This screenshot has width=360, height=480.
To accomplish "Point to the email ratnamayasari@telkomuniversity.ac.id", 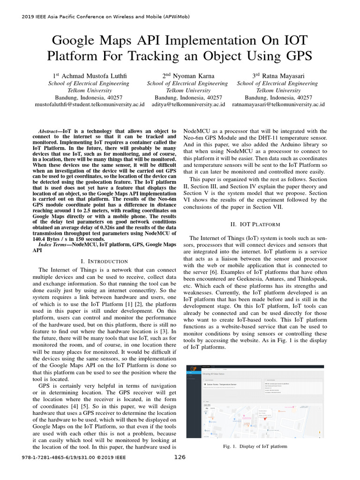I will (x=278, y=105).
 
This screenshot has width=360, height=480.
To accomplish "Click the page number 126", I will (x=180, y=457).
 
